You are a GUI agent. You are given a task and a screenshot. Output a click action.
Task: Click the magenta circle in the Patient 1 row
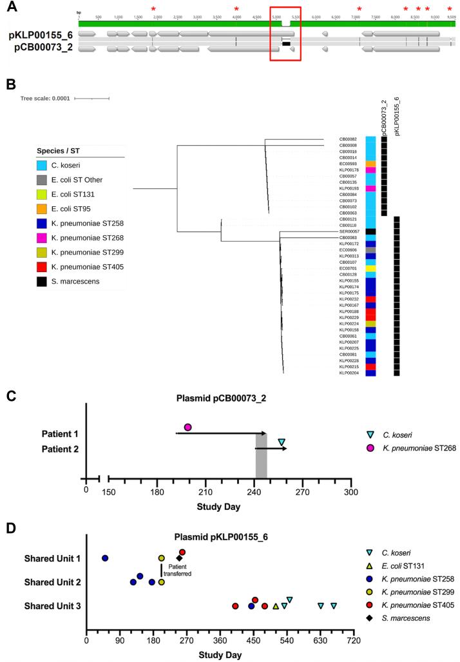[x=187, y=427]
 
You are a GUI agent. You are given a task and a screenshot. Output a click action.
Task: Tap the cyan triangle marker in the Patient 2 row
[x=282, y=442]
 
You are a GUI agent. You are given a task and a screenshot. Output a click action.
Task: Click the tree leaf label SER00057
[x=349, y=231]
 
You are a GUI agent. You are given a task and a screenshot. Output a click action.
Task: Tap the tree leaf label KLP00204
[x=349, y=373]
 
